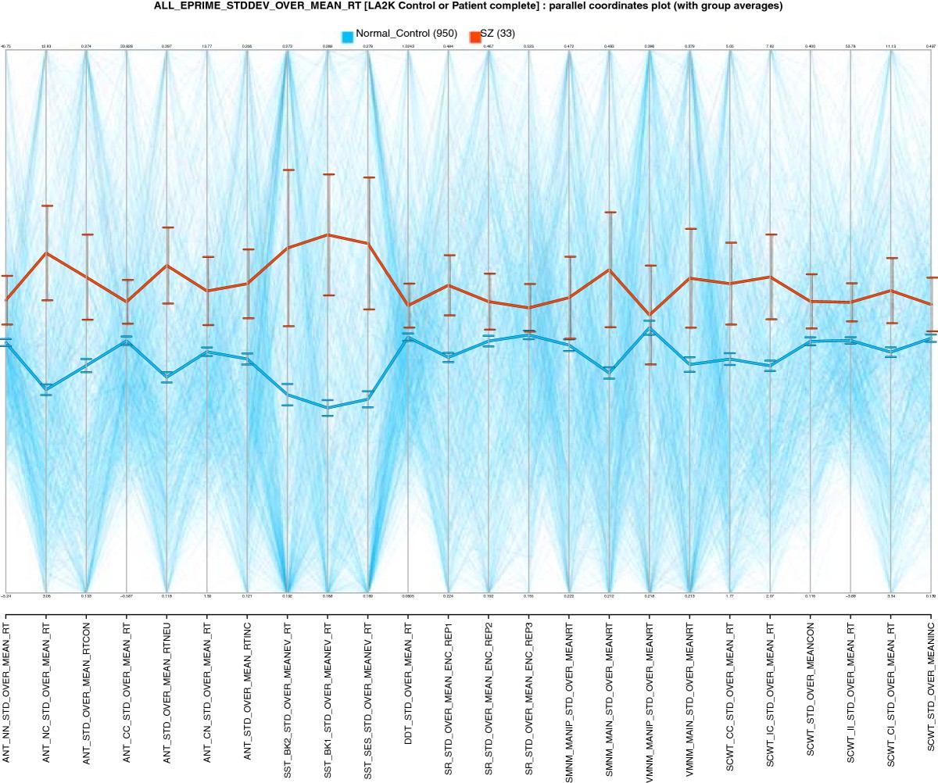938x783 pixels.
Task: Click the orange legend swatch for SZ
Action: click(474, 36)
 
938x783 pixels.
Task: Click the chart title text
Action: click(469, 6)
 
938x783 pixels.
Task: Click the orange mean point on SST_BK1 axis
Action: click(328, 234)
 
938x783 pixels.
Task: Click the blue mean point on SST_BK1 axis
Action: click(328, 408)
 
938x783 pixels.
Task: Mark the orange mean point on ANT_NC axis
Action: click(46, 253)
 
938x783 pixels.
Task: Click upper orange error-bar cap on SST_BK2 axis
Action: click(288, 170)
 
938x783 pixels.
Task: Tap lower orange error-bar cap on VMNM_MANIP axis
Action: click(650, 364)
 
